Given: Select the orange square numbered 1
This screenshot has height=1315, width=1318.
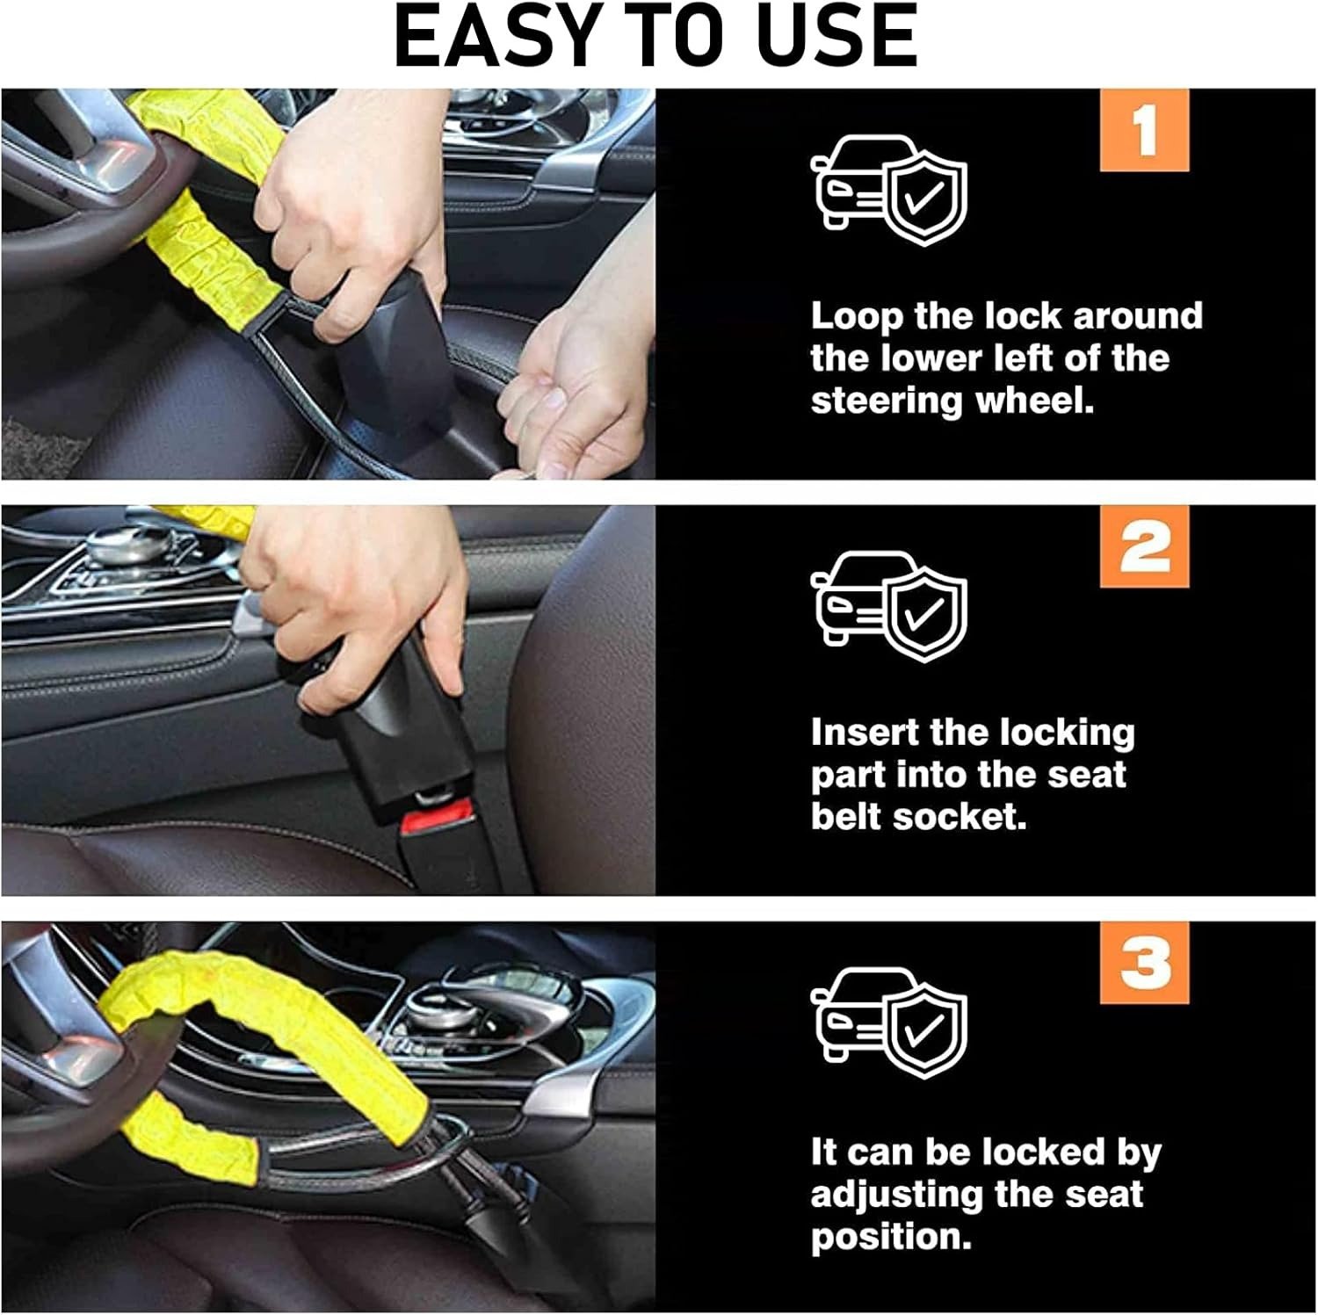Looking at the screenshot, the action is tap(1144, 130).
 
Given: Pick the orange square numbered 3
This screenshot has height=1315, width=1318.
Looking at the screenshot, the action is tap(1144, 963).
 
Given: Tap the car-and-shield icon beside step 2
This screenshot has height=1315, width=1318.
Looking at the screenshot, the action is tap(888, 607).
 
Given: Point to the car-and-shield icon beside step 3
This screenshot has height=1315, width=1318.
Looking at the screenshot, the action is tap(888, 1023).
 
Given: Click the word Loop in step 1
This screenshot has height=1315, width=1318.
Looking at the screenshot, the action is tap(856, 317).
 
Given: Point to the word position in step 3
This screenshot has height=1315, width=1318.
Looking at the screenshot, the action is tap(891, 1238).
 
